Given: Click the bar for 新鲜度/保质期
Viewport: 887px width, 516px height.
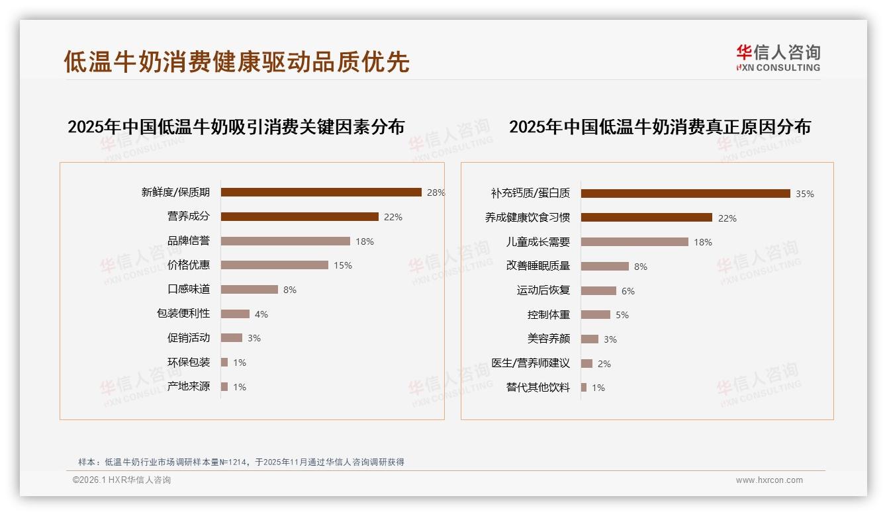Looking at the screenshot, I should pos(321,193).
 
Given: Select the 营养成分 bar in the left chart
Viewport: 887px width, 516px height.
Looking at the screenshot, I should pos(299,217).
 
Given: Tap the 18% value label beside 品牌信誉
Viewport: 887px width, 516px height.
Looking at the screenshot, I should pos(365,241).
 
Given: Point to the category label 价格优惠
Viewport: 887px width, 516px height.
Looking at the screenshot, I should pos(189,265).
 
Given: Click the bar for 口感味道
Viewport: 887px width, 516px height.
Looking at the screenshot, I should pos(250,289).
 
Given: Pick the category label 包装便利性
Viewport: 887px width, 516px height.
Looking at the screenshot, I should pos(183,314).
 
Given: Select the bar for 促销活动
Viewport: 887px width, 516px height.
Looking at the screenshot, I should pos(232,338).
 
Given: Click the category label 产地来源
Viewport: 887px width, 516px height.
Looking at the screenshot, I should pos(189,386).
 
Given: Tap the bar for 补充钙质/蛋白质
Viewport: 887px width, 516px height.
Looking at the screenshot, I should pos(686,194).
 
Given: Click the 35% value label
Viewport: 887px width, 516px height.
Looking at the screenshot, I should pos(805,194).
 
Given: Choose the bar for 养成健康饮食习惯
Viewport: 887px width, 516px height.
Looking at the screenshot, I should pos(647,218).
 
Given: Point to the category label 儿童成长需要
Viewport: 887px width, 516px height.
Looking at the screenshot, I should pos(538,241).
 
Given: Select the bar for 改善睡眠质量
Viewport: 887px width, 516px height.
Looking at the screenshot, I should pos(605,266).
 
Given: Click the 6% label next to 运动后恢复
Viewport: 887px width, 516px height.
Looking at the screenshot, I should pos(628,291).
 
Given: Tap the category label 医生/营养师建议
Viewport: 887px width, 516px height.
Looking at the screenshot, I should pos(531,363).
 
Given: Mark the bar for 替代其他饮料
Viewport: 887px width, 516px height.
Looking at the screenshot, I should pos(584,388).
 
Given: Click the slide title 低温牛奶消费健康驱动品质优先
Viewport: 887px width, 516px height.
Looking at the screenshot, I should pos(236,62).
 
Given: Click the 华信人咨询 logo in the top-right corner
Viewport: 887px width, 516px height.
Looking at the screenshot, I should pos(778,58).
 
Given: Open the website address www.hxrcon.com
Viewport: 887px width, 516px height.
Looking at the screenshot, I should pos(769,480).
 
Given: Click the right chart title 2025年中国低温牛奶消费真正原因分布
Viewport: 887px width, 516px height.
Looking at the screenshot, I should pos(660,126).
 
